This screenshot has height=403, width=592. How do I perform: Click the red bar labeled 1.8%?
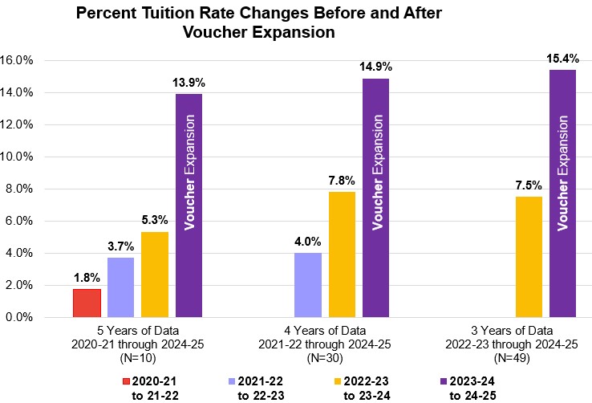(87, 303)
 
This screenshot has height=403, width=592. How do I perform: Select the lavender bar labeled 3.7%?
(120, 287)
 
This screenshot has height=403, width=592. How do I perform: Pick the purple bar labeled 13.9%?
(189, 206)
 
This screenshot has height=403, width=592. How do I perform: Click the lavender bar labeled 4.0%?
(308, 285)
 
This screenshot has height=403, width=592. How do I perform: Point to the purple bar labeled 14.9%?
(376, 197)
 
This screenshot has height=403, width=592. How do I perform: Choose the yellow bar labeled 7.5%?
(529, 256)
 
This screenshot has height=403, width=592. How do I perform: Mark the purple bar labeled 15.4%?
(563, 193)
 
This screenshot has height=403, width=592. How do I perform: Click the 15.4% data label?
(563, 59)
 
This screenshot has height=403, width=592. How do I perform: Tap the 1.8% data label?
(87, 278)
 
